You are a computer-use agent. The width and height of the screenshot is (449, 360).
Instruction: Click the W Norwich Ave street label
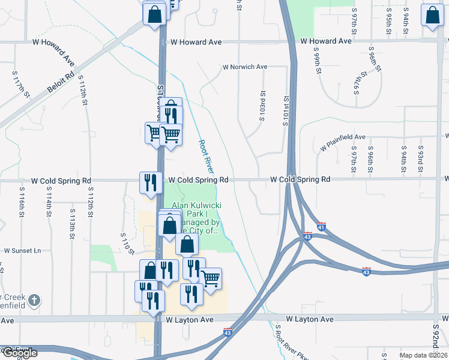click(x=244, y=67)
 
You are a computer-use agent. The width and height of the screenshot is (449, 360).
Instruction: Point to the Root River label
click(x=206, y=157)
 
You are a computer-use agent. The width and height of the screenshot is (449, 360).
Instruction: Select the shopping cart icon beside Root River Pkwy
click(x=210, y=278)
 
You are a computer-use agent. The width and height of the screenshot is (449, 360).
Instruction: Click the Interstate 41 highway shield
click(x=322, y=227)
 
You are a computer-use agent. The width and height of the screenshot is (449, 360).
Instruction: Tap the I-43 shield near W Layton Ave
click(x=228, y=331)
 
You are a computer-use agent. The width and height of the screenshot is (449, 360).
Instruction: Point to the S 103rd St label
click(x=262, y=106)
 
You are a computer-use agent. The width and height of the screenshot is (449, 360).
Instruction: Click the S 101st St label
click(x=286, y=112)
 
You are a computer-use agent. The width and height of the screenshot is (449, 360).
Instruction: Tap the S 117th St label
click(x=22, y=85)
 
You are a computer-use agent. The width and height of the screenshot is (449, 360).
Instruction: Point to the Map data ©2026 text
click(x=423, y=355)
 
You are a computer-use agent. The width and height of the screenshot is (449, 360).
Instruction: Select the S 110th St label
click(x=125, y=243)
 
